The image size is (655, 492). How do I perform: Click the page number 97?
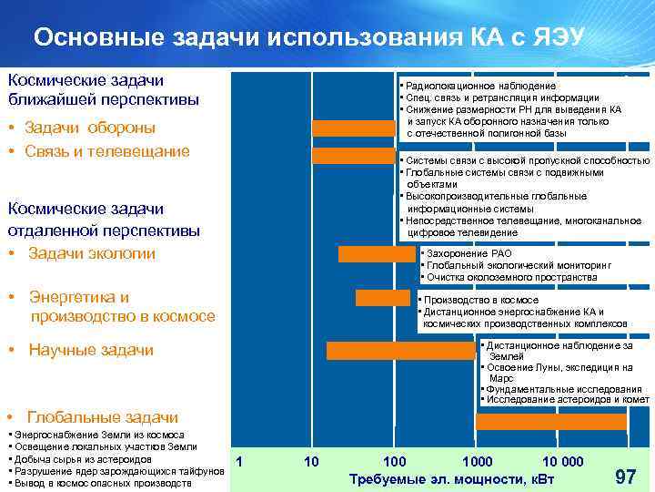click(626, 477)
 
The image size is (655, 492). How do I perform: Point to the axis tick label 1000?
click(477, 462)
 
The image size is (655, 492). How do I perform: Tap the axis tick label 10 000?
click(562, 462)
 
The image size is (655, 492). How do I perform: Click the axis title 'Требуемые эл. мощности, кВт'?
click(451, 479)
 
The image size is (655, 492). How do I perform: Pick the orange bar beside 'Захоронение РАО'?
click(377, 254)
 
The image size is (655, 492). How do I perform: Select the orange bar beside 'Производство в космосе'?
click(383, 298)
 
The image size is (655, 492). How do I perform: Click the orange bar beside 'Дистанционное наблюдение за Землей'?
click(401, 350)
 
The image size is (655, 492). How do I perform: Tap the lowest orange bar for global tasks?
click(551, 422)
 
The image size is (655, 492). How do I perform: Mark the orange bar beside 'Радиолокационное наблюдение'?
click(355, 128)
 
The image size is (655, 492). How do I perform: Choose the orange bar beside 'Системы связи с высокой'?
click(355, 156)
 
